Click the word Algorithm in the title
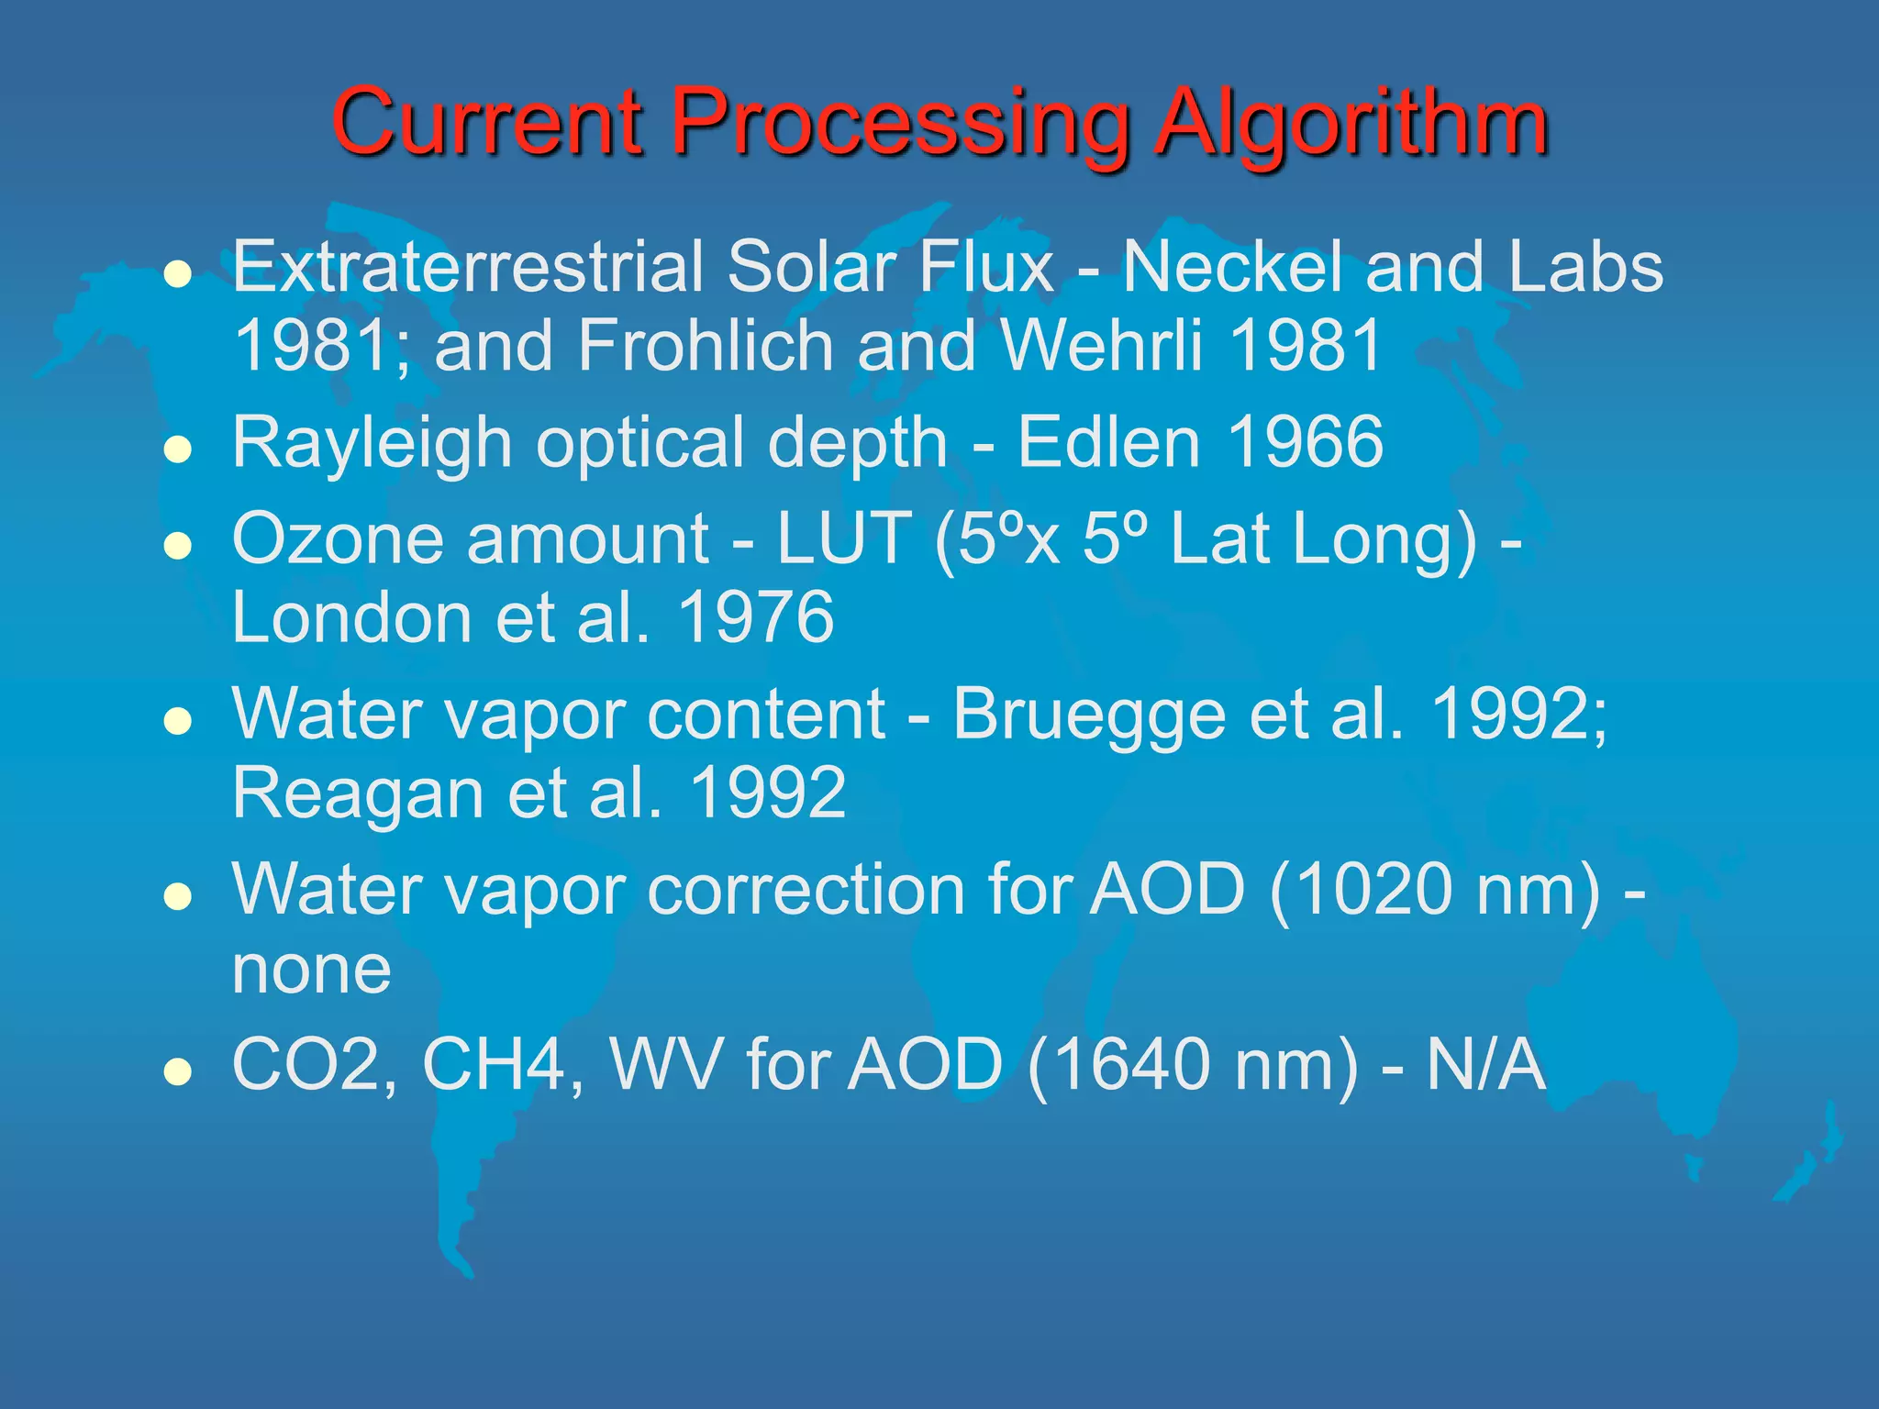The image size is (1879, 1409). [x=1351, y=124]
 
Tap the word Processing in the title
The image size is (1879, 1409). [x=901, y=124]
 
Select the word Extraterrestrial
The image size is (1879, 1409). [x=467, y=267]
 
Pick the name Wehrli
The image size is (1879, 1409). [x=1102, y=346]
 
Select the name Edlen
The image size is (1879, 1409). [x=1109, y=442]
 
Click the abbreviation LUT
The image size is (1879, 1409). [x=844, y=539]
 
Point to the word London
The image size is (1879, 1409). [x=352, y=617]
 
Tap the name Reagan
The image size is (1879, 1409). [x=358, y=793]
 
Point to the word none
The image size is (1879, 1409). [x=312, y=971]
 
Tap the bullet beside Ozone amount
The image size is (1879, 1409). [x=177, y=547]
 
